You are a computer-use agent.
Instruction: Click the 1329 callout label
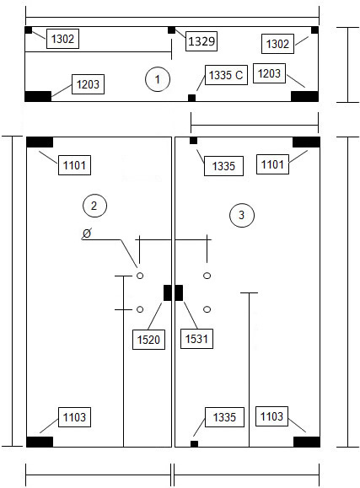pyautogui.click(x=201, y=41)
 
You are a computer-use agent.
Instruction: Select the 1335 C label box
pyautogui.click(x=226, y=75)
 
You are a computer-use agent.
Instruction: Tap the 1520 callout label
pyautogui.click(x=148, y=340)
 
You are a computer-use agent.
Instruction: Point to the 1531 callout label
pyautogui.click(x=196, y=339)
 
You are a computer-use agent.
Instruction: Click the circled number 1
pyautogui.click(x=158, y=79)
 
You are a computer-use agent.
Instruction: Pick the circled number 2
pyautogui.click(x=94, y=206)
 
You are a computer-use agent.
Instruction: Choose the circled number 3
pyautogui.click(x=242, y=215)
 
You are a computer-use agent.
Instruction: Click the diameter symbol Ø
pyautogui.click(x=87, y=233)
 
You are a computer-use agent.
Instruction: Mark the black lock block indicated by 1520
pyautogui.click(x=168, y=292)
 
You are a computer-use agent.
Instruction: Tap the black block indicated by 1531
pyautogui.click(x=179, y=292)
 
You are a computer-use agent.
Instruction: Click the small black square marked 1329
pyautogui.click(x=171, y=30)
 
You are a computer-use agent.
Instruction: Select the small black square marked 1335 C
pyautogui.click(x=192, y=98)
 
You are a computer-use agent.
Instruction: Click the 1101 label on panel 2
pyautogui.click(x=74, y=165)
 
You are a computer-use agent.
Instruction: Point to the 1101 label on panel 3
pyautogui.click(x=272, y=164)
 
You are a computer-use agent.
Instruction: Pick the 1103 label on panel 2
pyautogui.click(x=74, y=417)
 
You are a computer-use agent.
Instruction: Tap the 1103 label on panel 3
pyautogui.click(x=271, y=416)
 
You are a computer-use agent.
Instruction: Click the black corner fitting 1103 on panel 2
pyautogui.click(x=40, y=442)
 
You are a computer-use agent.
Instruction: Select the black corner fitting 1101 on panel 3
pyautogui.click(x=306, y=142)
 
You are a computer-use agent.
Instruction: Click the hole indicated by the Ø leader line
pyautogui.click(x=140, y=276)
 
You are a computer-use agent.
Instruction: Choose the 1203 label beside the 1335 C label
pyautogui.click(x=270, y=73)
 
